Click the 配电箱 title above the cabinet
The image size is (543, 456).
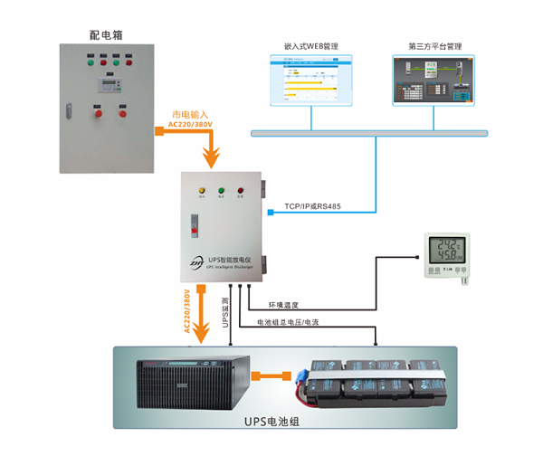click(x=106, y=34)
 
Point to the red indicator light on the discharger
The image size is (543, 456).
click(x=241, y=191)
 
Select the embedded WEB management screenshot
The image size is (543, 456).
click(x=309, y=80)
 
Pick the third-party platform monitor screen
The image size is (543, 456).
click(x=433, y=81)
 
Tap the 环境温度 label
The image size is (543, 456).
click(x=283, y=305)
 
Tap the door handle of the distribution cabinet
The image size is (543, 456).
click(x=67, y=109)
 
